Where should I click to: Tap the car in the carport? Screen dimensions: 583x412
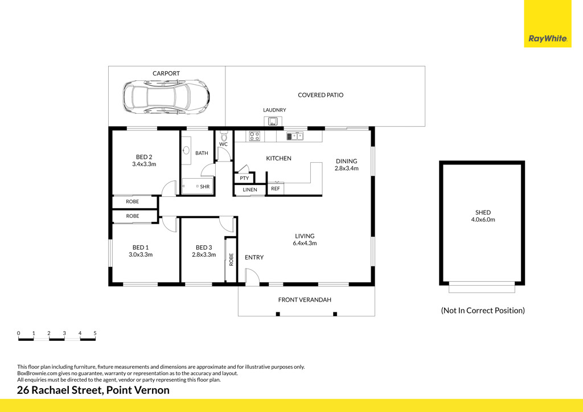166,97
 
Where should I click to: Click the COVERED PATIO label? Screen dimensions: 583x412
321,95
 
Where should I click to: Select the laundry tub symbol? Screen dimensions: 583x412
273,121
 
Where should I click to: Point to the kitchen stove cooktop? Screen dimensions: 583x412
254,136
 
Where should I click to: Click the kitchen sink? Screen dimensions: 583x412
295,136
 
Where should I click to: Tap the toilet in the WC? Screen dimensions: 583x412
223,136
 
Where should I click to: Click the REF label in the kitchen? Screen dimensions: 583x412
276,189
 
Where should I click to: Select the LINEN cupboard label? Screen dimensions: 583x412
250,190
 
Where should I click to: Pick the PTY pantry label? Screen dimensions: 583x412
244,178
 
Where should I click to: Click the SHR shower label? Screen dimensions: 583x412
205,187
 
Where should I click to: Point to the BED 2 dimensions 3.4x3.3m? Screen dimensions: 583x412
144,164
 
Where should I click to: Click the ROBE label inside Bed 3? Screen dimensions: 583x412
231,259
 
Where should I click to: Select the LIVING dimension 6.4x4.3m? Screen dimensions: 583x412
305,244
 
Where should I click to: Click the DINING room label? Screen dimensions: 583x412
347,161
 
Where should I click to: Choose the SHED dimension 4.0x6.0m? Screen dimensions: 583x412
483,220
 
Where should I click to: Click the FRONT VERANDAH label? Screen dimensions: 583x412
305,300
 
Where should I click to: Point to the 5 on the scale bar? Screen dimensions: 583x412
95,333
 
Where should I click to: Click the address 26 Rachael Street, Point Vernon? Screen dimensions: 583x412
93,390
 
